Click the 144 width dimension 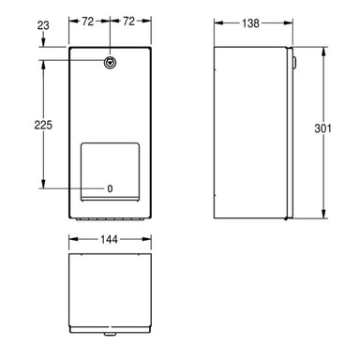click(x=111, y=239)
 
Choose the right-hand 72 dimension click(x=130, y=20)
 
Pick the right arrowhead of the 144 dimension click(x=149, y=239)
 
